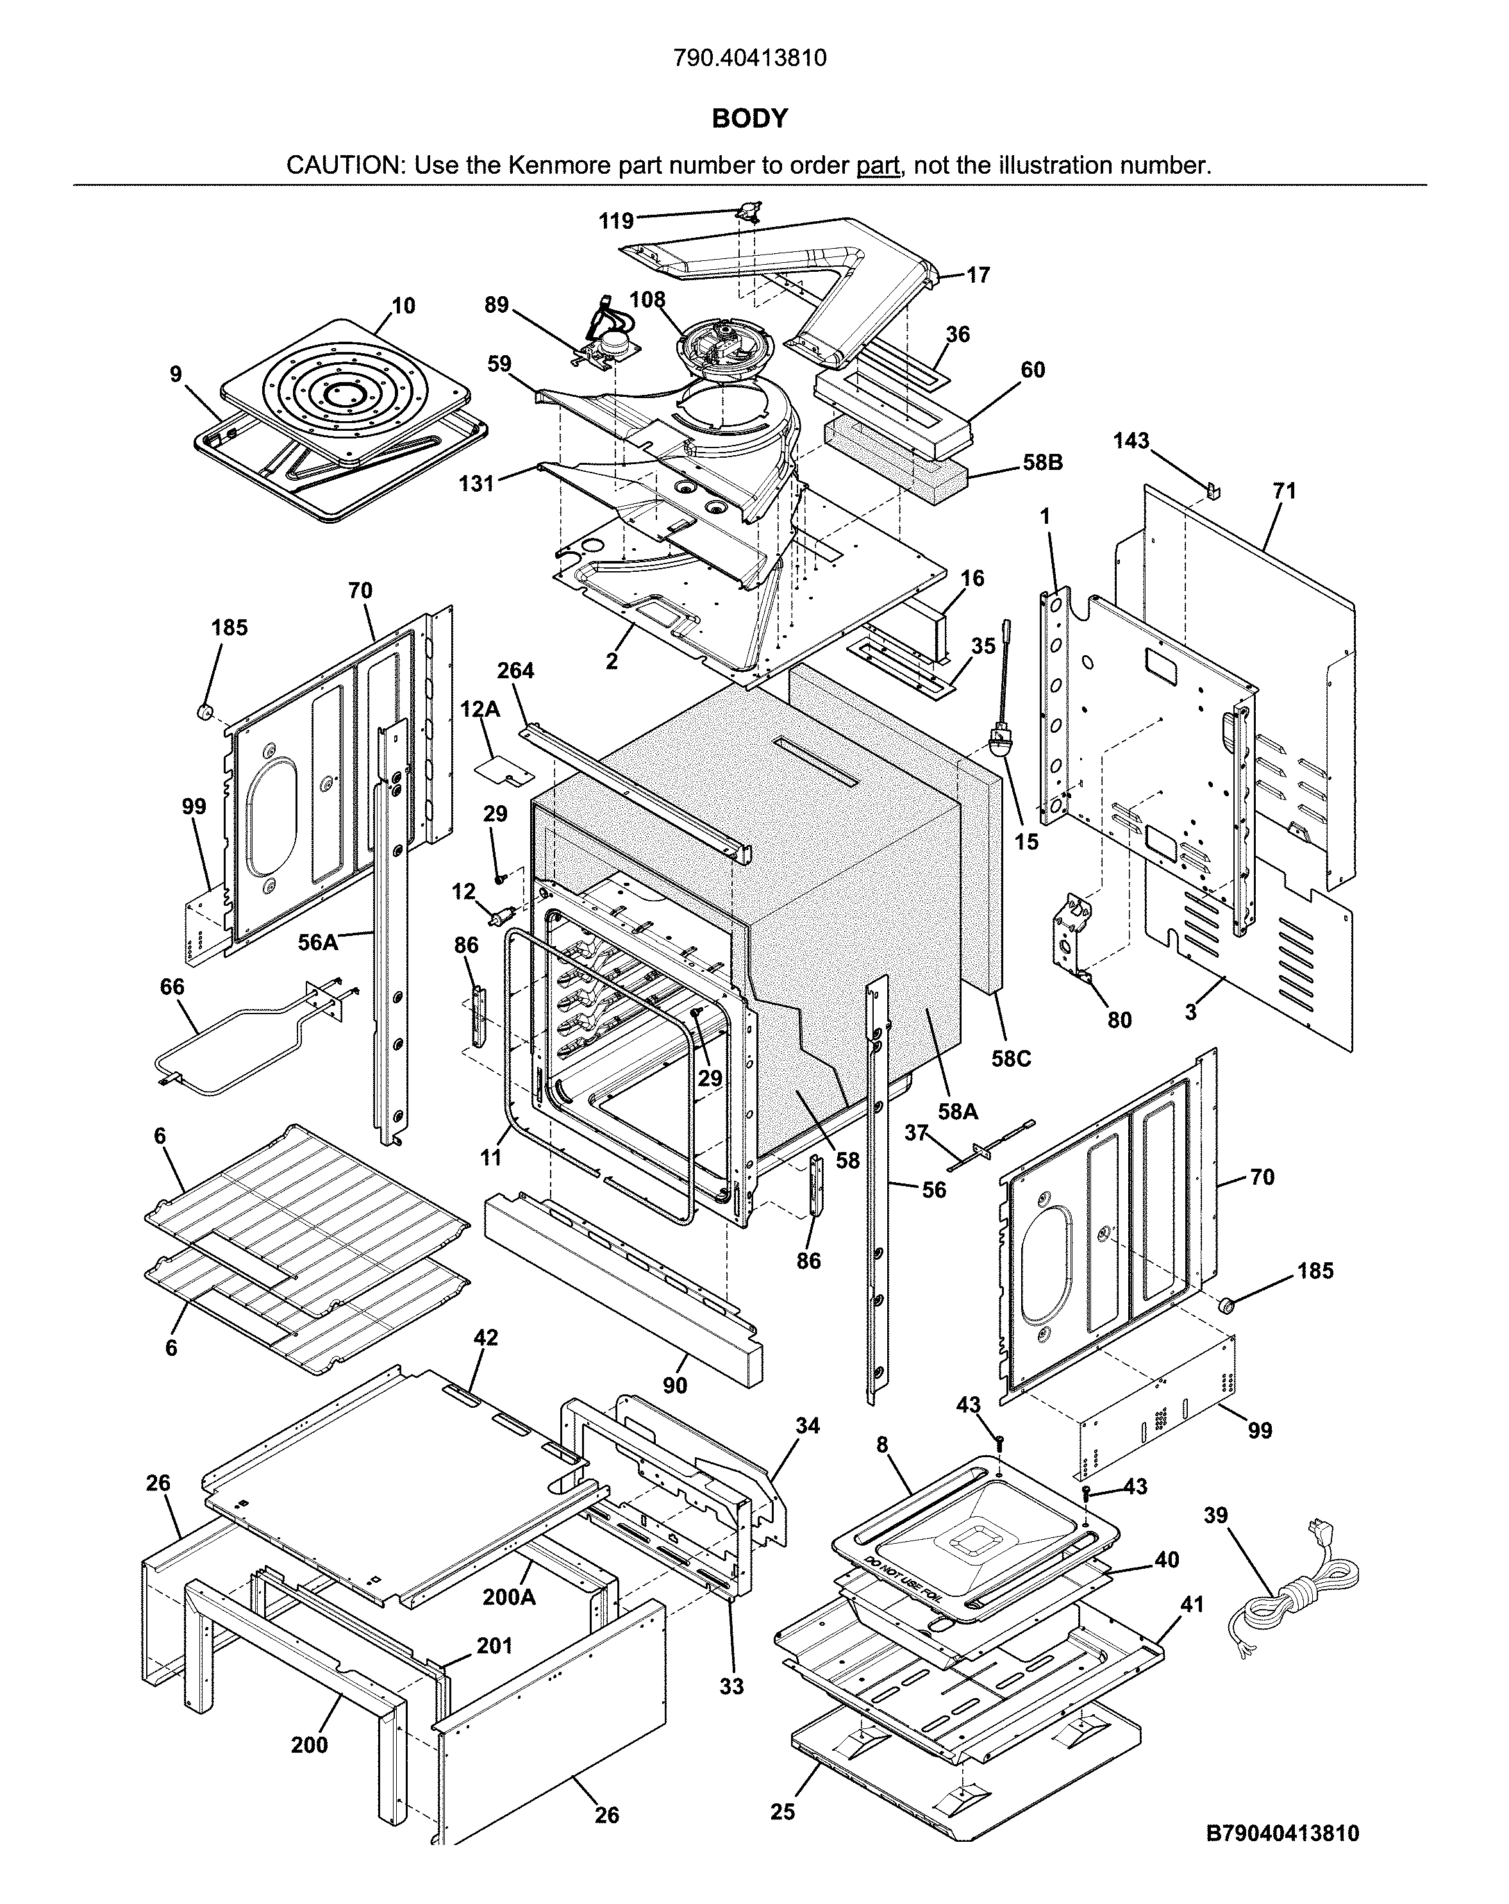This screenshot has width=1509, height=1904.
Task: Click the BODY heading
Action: click(749, 119)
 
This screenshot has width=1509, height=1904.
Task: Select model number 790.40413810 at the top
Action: click(749, 58)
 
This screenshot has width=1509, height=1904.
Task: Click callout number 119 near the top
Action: click(615, 221)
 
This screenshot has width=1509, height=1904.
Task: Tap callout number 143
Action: click(1130, 440)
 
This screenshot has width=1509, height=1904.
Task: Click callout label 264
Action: click(515, 671)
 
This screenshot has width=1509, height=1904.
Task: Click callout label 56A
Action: click(318, 942)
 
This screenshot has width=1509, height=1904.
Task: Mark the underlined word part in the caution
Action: click(877, 165)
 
